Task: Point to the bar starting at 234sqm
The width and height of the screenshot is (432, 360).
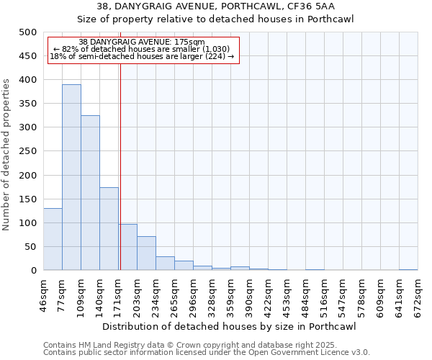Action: pyautogui.click(x=165, y=264)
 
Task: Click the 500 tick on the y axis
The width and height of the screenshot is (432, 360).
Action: pyautogui.click(x=27, y=32)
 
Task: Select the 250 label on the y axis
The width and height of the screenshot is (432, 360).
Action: pyautogui.click(x=27, y=151)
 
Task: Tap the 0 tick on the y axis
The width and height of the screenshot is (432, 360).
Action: pyautogui.click(x=33, y=271)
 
